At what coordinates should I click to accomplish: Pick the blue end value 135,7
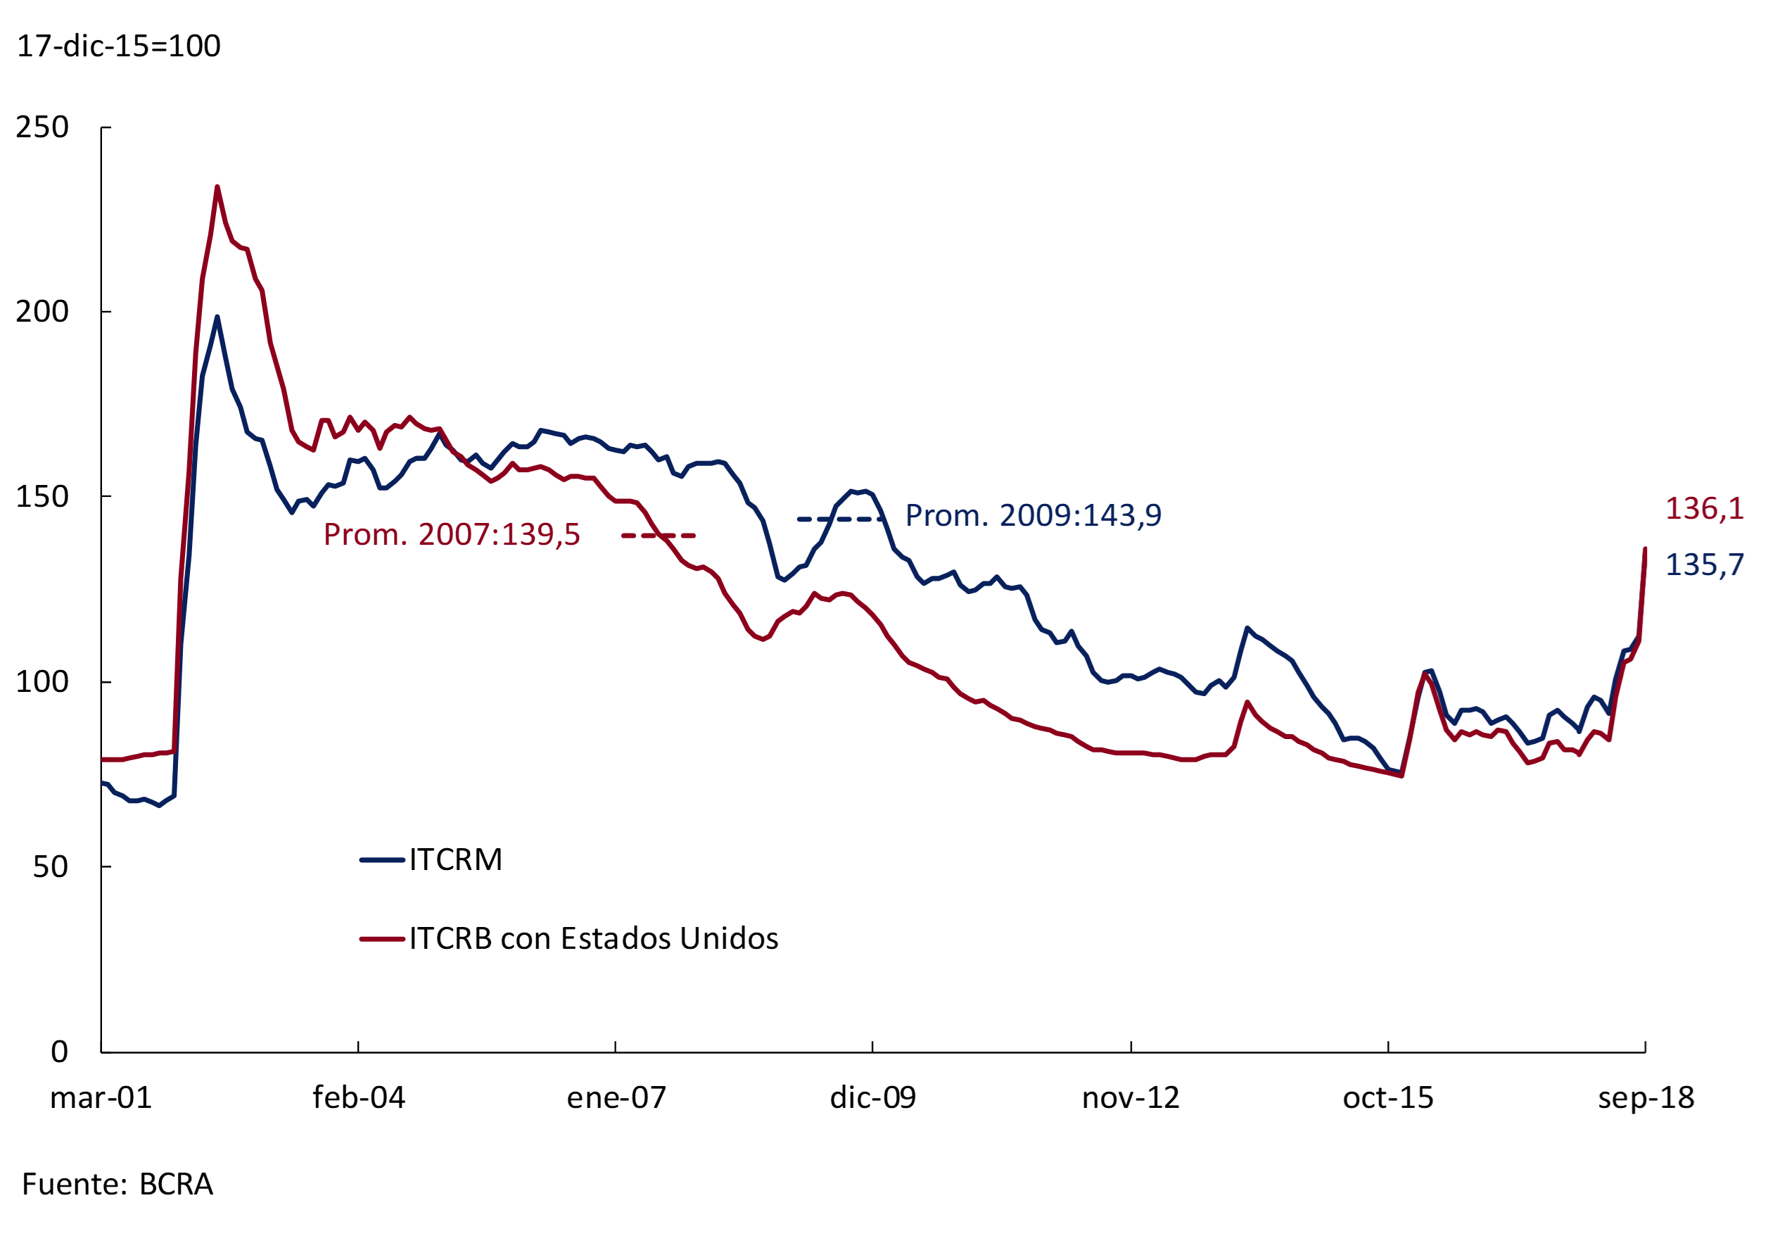1704,565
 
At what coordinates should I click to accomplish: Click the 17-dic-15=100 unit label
118,46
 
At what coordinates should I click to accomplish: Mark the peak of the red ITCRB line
217,187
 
